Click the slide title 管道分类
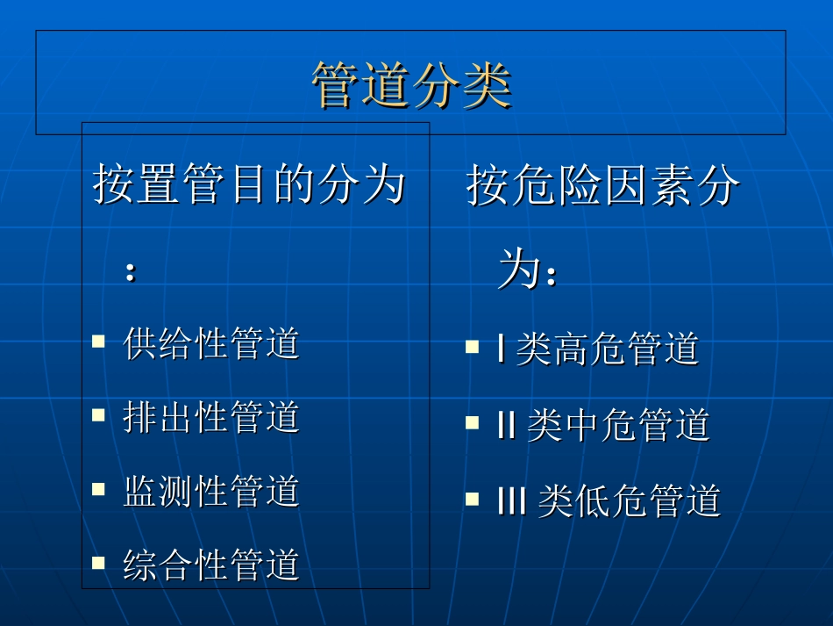pyautogui.click(x=411, y=85)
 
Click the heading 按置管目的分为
pyautogui.click(x=249, y=185)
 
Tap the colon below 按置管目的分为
pyautogui.click(x=131, y=271)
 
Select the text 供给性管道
pyautogui.click(x=211, y=343)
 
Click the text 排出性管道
pyautogui.click(x=211, y=417)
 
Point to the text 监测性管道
pyautogui.click(x=211, y=491)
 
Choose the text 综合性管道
pyautogui.click(x=211, y=565)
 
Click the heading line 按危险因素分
pyautogui.click(x=603, y=185)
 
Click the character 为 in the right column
pyautogui.click(x=517, y=270)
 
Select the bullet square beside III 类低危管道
pyautogui.click(x=473, y=499)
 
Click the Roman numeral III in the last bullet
pyautogui.click(x=511, y=501)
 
